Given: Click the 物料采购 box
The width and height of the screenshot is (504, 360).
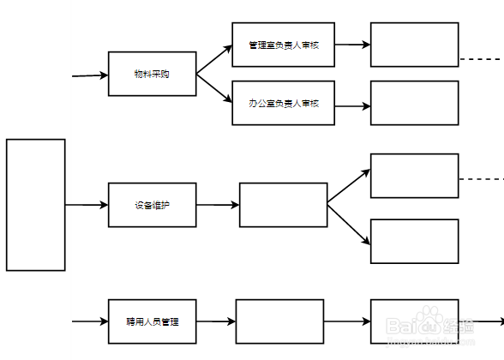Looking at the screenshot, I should click(152, 74).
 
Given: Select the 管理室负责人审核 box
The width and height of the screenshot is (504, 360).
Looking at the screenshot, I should click(283, 45).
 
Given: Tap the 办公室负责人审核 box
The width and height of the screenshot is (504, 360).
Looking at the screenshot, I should click(283, 103).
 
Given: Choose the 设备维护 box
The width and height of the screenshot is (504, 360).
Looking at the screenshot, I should click(152, 205).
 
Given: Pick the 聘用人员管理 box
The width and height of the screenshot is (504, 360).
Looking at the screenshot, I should click(152, 321).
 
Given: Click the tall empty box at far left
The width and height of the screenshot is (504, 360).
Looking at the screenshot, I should click(36, 205).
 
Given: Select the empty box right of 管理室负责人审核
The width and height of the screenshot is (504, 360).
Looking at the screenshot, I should click(414, 45).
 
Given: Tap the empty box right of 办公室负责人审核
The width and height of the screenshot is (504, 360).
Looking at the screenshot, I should click(414, 103).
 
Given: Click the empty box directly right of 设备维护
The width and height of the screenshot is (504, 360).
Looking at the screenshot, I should click(283, 205).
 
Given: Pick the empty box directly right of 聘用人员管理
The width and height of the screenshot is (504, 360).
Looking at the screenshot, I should click(279, 321).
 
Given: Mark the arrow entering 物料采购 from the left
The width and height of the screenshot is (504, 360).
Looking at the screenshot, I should click(90, 75).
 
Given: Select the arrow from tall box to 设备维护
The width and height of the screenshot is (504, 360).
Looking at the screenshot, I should click(87, 205).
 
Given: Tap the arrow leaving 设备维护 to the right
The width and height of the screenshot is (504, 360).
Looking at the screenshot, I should click(218, 205).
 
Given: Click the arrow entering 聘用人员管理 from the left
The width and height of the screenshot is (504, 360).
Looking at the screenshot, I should click(90, 321).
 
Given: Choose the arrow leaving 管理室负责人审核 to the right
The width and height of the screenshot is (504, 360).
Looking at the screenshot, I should click(352, 44).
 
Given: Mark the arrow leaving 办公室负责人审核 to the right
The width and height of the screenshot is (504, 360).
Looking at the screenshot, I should click(352, 105).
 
